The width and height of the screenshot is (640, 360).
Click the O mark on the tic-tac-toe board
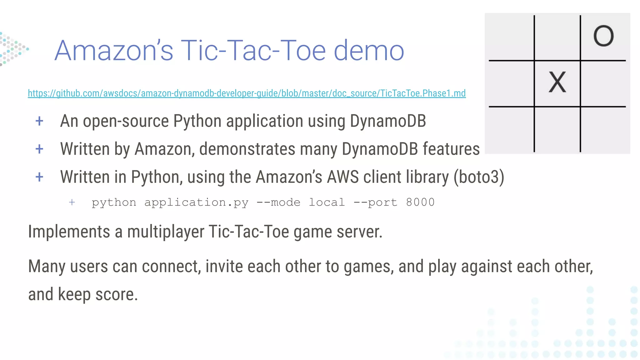[603, 36]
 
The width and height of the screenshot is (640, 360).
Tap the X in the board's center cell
[557, 82]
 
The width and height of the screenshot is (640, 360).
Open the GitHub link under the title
[247, 93]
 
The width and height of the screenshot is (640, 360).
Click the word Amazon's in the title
[114, 50]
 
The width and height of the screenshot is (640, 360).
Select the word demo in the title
[369, 50]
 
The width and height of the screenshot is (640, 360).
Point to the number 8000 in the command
[420, 202]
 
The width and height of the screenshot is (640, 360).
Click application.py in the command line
[196, 202]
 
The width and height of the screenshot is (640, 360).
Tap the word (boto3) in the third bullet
[479, 177]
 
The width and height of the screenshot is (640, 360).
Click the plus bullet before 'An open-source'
[39, 121]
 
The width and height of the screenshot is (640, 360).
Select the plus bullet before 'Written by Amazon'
[39, 149]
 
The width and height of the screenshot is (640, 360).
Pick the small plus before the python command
[72, 202]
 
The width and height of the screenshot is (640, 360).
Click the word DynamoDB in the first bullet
[388, 121]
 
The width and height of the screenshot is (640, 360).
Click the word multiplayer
[166, 232]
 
